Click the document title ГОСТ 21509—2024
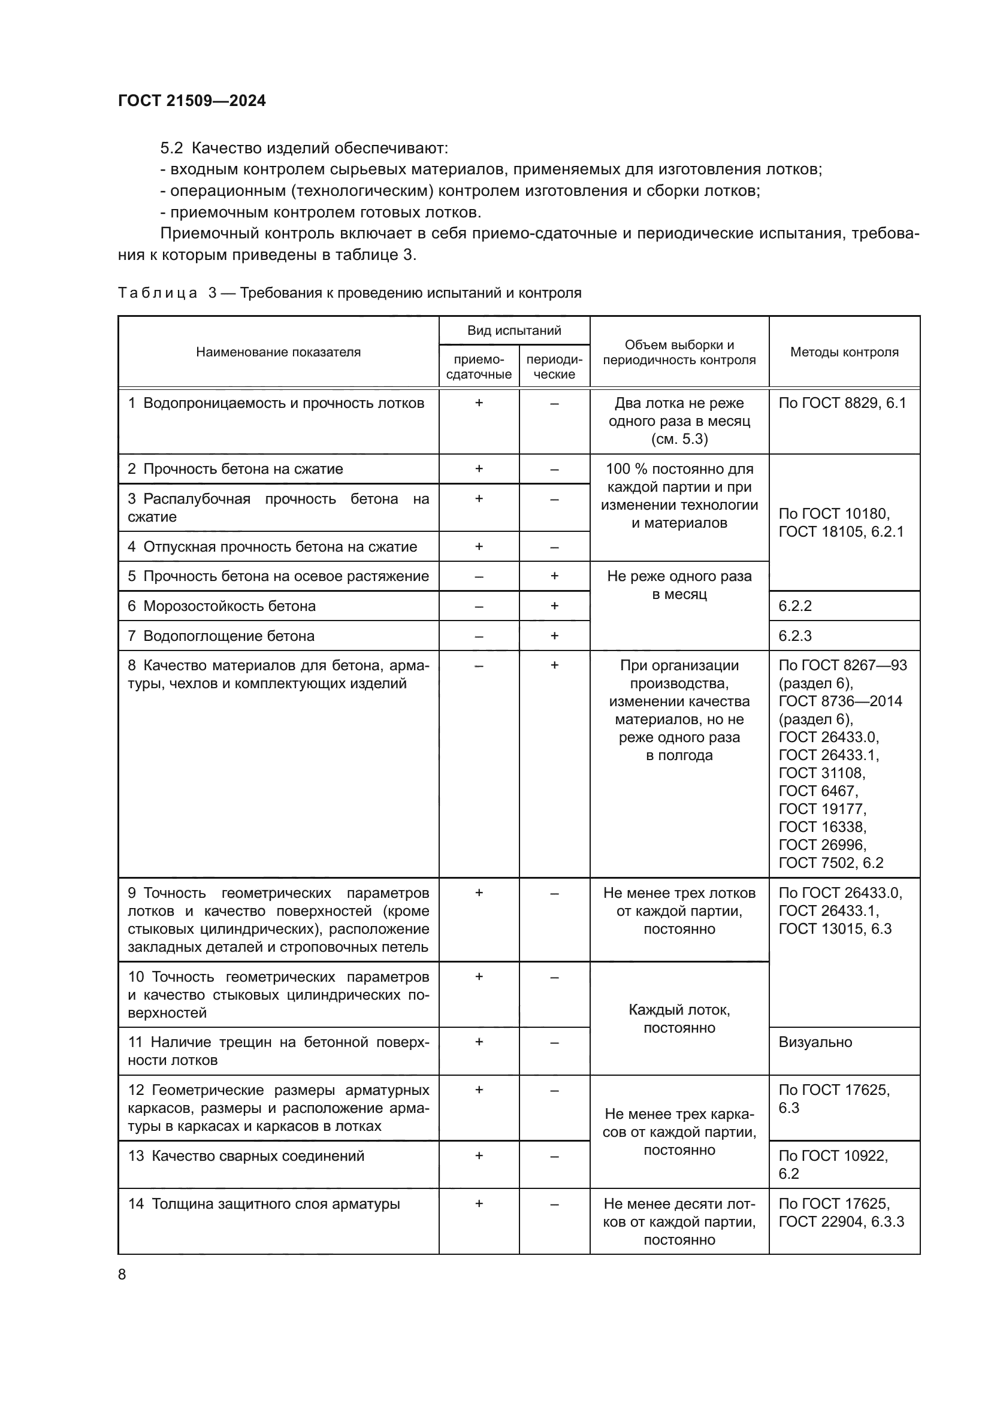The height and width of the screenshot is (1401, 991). coord(192,101)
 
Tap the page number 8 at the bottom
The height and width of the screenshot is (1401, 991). coord(122,1274)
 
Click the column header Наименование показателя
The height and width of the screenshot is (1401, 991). coord(278,352)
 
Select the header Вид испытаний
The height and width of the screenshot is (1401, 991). coord(514,331)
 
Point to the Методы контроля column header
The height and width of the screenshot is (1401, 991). coord(844,352)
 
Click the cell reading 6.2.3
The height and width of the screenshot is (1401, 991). coord(794,636)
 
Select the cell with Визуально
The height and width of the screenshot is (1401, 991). coord(815,1042)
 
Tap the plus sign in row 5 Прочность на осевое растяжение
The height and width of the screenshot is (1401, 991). coord(554,576)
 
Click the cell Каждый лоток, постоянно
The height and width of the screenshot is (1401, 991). coord(679,1018)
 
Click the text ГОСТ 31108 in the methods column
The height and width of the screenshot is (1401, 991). coord(821,773)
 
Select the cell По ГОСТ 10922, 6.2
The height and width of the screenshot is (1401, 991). coord(833,1164)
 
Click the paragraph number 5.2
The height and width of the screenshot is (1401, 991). coord(171,149)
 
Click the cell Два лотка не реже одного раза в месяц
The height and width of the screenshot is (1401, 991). coord(679,421)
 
